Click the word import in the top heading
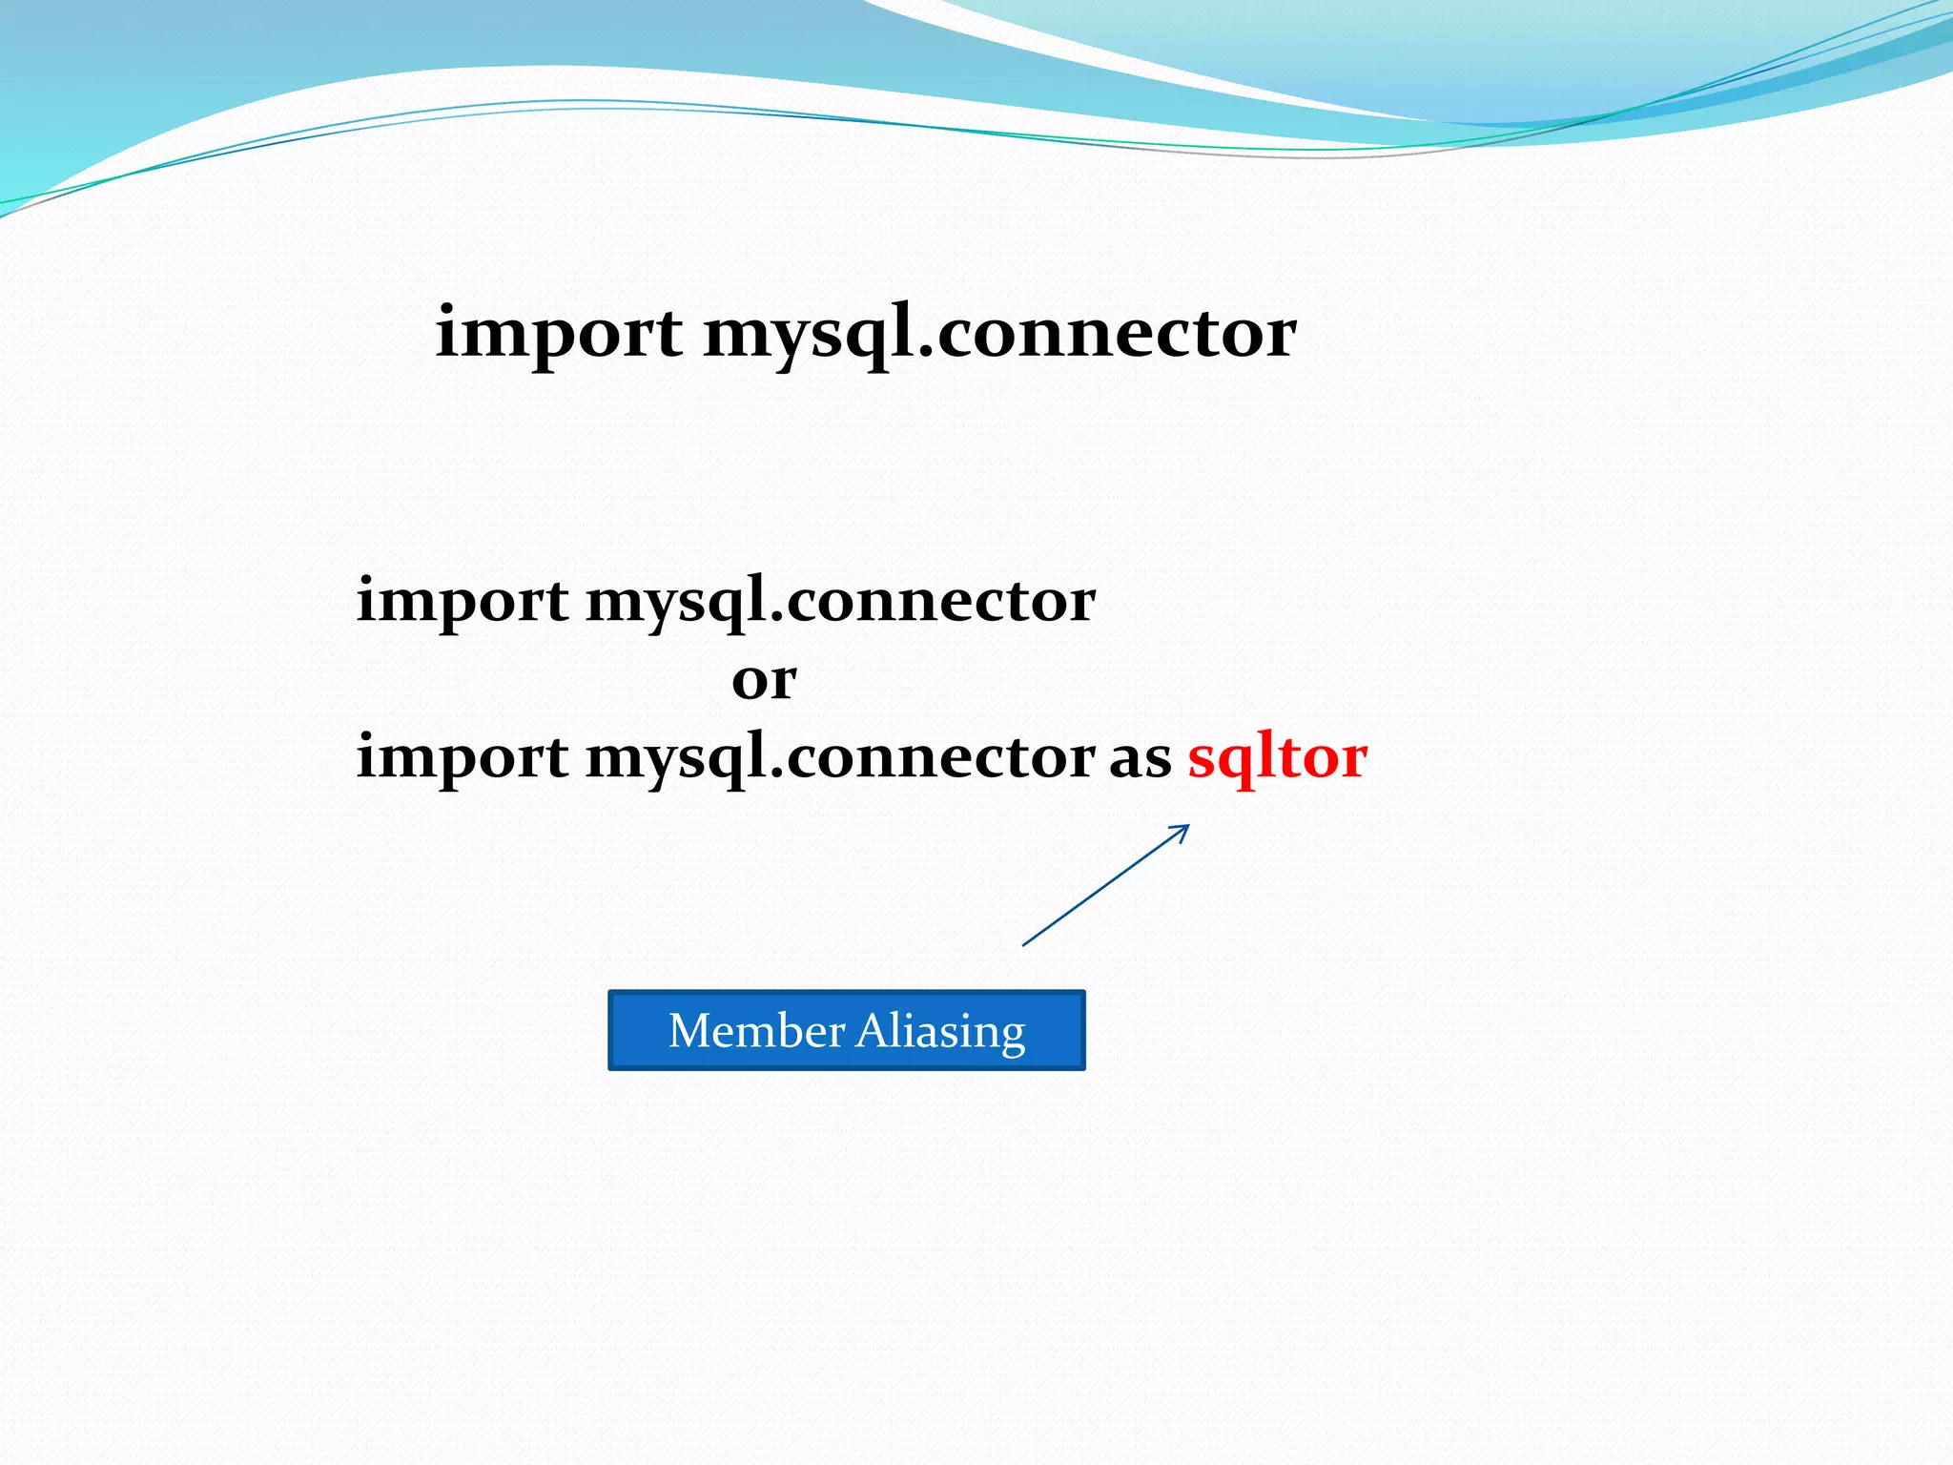[x=558, y=334]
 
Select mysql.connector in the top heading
[x=999, y=334]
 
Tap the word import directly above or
[x=463, y=601]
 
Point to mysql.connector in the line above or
[x=840, y=601]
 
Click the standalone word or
[x=764, y=680]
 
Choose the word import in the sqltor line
[x=463, y=757]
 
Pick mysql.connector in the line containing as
[x=840, y=757]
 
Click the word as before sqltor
[x=1140, y=759]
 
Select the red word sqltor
[x=1277, y=757]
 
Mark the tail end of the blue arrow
[x=1024, y=945]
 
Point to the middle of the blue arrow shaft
[x=1105, y=886]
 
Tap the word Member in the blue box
[x=755, y=1031]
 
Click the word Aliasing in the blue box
[x=941, y=1032]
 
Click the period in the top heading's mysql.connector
[x=925, y=353]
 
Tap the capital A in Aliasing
[x=874, y=1030]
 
